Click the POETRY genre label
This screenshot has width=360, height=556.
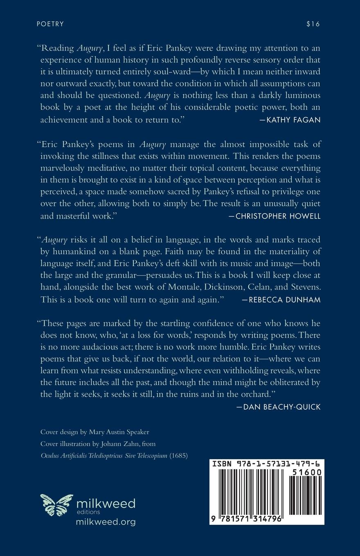pos(50,24)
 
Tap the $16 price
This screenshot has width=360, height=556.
pos(313,24)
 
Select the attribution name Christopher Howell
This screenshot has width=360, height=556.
pos(278,216)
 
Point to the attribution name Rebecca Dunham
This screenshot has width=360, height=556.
pos(284,300)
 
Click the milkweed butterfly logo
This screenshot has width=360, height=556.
pos(56,504)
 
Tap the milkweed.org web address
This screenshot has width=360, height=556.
pos(106,522)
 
